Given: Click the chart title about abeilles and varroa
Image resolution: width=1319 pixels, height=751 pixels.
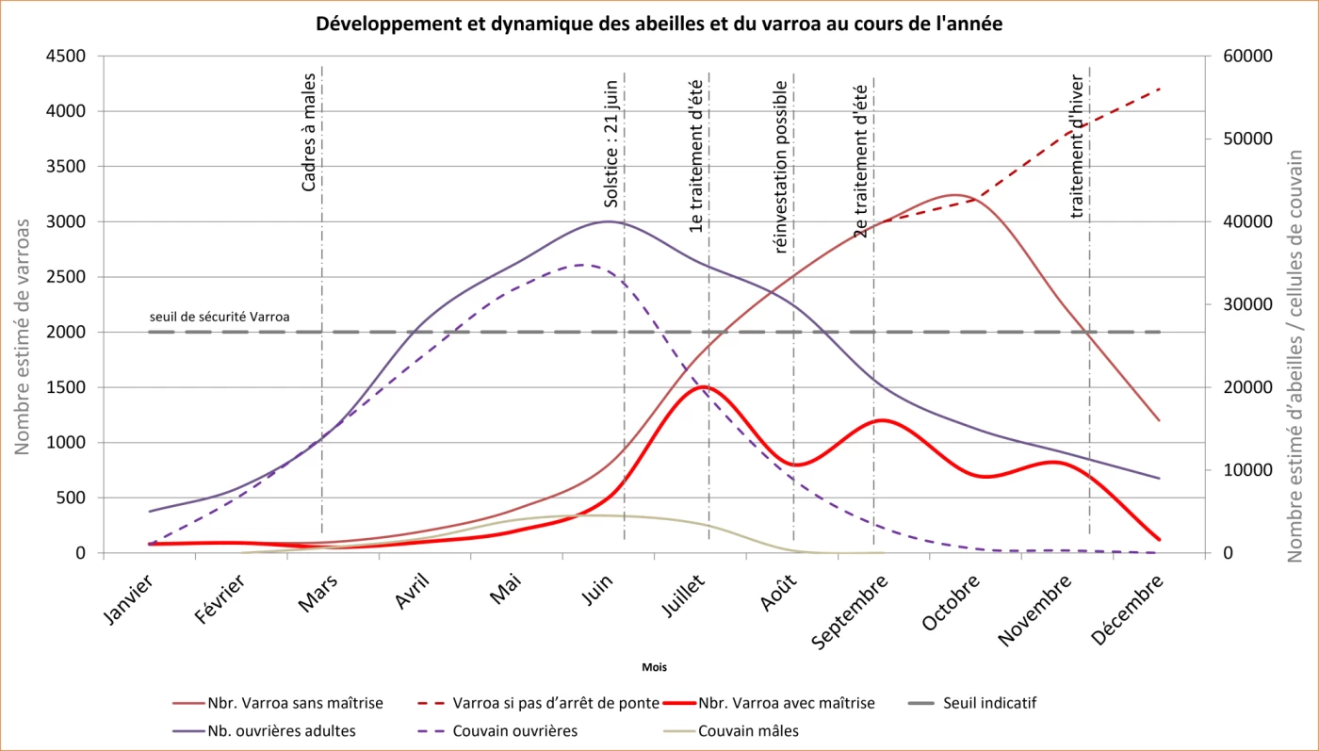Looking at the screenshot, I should pyautogui.click(x=659, y=24).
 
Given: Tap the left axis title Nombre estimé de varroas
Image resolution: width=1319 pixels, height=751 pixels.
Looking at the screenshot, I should pyautogui.click(x=23, y=335).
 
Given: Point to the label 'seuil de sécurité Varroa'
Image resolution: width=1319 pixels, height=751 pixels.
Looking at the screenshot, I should pyautogui.click(x=219, y=317).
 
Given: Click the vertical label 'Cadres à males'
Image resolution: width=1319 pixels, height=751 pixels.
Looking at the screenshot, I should pyautogui.click(x=309, y=137).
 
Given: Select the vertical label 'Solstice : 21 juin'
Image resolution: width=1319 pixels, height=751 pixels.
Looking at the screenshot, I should pyautogui.click(x=611, y=143).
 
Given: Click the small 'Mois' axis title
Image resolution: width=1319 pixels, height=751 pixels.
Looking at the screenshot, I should pyautogui.click(x=654, y=667).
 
